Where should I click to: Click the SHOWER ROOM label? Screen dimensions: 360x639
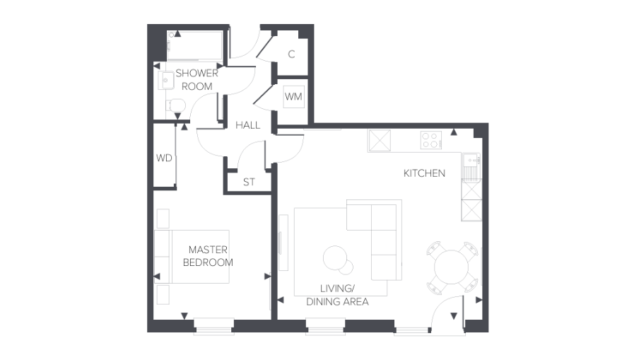coord(197,79)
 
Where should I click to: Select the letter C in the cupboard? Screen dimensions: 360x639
coord(292,54)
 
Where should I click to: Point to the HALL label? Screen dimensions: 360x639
coord(247,125)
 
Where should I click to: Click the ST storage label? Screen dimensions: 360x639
coord(249,182)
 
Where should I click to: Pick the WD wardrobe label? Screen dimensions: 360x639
coord(164,158)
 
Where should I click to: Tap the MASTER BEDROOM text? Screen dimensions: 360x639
coord(208,256)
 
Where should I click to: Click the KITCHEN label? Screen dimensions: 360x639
coord(424,173)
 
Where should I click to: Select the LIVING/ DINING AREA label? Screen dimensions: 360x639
coord(337,295)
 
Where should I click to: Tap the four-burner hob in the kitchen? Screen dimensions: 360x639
coord(430,140)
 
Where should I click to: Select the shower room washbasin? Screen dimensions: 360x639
coord(165,80)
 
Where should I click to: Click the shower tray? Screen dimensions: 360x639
coord(195,45)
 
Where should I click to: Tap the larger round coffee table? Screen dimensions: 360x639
coord(336,257)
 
